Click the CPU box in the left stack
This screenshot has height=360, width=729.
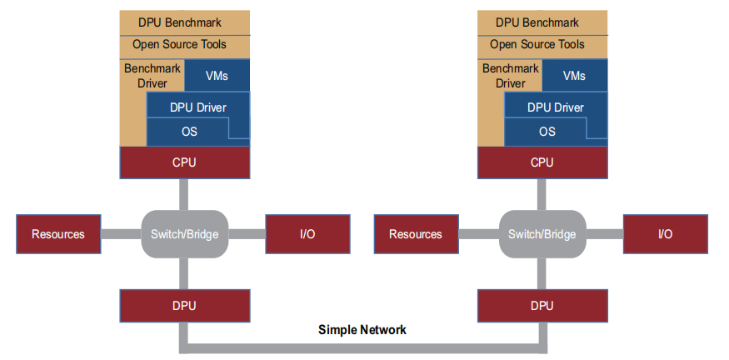coord(184,162)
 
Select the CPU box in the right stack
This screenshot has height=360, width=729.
coord(542,162)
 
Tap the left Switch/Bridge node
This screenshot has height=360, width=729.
coord(184,234)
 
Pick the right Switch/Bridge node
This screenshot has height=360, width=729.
coord(542,234)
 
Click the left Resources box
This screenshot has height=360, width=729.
coord(58,234)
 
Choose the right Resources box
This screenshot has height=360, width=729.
coord(416,234)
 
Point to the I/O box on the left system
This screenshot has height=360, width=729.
coord(307,234)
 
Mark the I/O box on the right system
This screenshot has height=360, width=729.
coord(665,234)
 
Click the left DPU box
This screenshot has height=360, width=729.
coord(184,306)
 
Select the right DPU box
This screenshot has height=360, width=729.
coord(542,306)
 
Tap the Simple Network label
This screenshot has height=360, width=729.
coord(362,330)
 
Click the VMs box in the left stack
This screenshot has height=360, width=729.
coord(216,76)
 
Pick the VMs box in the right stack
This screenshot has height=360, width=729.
coord(574,76)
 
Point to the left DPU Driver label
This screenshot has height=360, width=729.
coord(197,107)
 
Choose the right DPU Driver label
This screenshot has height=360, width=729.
coord(556,107)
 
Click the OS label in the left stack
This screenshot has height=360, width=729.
coord(189,132)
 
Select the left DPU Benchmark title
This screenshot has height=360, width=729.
coord(184,22)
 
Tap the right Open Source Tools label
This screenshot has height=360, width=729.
coord(542,44)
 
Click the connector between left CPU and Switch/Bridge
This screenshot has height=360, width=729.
coord(184,194)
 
